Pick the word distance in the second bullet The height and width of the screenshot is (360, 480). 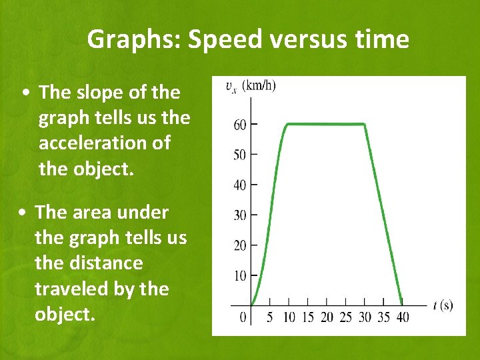tap(89, 263)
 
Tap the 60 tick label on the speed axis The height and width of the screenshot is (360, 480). tap(239, 125)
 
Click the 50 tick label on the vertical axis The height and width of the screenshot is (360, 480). tap(239, 155)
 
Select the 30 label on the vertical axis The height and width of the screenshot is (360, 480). tap(239, 215)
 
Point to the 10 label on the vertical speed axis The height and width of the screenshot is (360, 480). tap(239, 275)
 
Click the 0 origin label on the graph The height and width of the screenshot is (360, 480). tap(244, 317)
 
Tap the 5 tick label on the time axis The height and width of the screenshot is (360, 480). tap(269, 317)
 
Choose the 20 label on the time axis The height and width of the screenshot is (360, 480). tap(326, 317)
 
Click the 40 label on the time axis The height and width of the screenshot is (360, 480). tap(402, 317)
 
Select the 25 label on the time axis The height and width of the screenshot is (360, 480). tap(345, 317)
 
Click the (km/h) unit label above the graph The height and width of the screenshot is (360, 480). tap(259, 85)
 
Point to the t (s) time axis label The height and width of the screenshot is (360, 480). tap(442, 305)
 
